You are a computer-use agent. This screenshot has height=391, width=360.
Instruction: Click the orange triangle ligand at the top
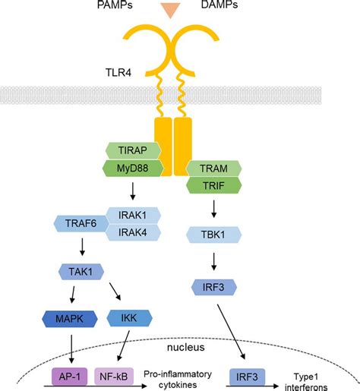coord(179,10)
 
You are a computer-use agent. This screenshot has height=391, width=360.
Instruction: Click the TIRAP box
coord(134,152)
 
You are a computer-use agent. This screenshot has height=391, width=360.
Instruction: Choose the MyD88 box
coord(134,169)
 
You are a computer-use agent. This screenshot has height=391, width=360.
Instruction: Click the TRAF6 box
coord(80,223)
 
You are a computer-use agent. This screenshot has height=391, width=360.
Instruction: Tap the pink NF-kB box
coord(115,374)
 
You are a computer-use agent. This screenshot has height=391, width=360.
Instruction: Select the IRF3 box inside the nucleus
coord(248,374)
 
